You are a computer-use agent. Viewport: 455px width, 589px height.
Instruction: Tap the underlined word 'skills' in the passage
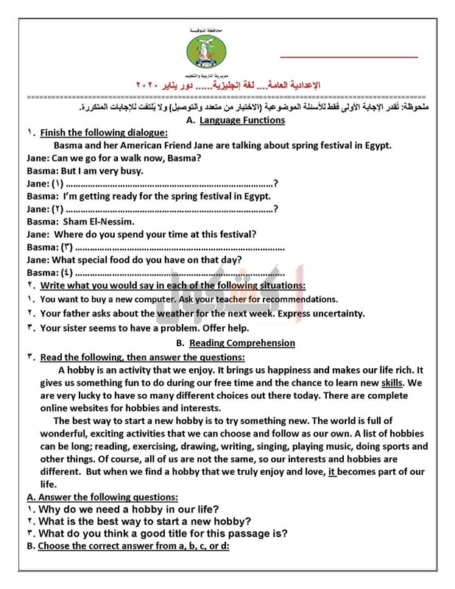click(392, 384)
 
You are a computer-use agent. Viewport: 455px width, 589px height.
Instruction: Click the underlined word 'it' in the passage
click(332, 471)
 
